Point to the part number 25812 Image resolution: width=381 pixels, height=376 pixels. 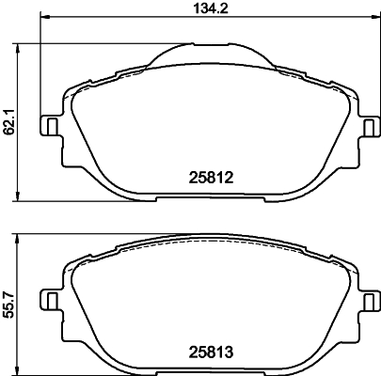point(206,177)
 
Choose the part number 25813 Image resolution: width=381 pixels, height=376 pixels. point(206,355)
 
